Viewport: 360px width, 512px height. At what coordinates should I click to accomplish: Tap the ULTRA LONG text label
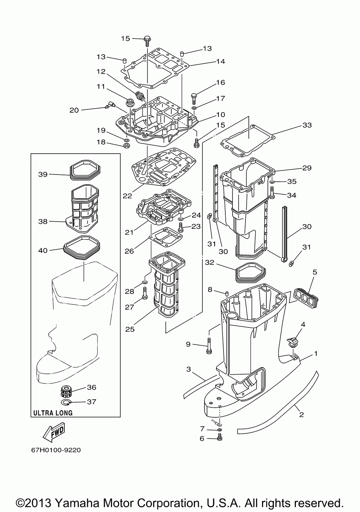point(53,413)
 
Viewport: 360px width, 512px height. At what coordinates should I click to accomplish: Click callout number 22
point(127,196)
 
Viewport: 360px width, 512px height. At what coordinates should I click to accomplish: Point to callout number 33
point(307,125)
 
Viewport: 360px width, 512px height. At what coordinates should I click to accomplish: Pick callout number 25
point(130,329)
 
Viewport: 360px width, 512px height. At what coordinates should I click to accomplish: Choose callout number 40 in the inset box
point(43,250)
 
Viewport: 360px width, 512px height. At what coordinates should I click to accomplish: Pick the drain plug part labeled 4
point(293,343)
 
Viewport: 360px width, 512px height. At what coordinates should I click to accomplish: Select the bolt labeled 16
point(194,98)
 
